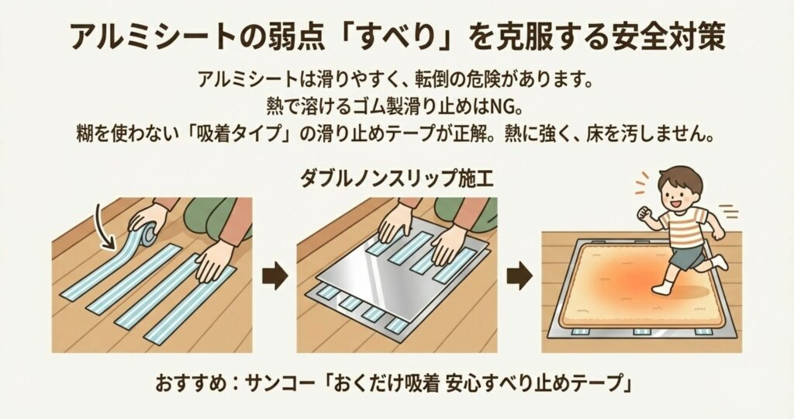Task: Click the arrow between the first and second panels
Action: [275, 277]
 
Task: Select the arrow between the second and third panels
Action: [520, 277]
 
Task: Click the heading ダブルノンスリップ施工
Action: [396, 178]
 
